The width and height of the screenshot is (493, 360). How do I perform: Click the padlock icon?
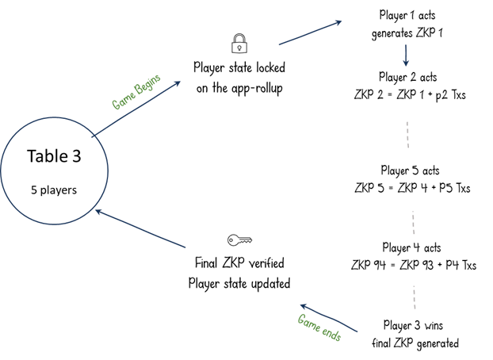(x=239, y=44)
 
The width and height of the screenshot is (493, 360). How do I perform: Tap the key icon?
(x=239, y=240)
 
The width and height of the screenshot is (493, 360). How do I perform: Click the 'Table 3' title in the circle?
(x=54, y=156)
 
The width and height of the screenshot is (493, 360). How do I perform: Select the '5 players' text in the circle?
(x=54, y=190)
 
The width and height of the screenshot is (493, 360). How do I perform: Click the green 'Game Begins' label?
(x=136, y=91)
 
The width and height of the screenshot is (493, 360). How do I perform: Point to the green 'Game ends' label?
(x=319, y=327)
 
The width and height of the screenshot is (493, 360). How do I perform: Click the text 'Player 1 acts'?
(x=407, y=15)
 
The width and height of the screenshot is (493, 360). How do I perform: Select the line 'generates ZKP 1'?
(x=407, y=33)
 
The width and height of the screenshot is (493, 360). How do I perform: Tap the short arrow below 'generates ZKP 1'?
(x=406, y=56)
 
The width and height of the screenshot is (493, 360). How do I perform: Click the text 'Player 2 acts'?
(x=407, y=77)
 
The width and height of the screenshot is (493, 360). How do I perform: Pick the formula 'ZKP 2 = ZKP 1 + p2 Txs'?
(x=410, y=94)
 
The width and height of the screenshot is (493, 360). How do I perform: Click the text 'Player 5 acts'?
(x=410, y=170)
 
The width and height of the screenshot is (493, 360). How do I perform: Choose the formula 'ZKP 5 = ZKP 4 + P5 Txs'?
(x=412, y=188)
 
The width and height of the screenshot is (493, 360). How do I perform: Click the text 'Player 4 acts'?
(x=411, y=247)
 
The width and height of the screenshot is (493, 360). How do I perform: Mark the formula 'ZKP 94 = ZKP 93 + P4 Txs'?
(x=414, y=265)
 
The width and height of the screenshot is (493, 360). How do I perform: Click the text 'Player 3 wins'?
(x=413, y=325)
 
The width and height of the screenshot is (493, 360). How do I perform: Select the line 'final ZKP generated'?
(x=415, y=343)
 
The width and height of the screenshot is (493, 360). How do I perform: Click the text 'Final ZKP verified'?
(x=239, y=262)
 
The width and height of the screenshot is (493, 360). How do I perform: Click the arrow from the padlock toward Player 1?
(x=310, y=33)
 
